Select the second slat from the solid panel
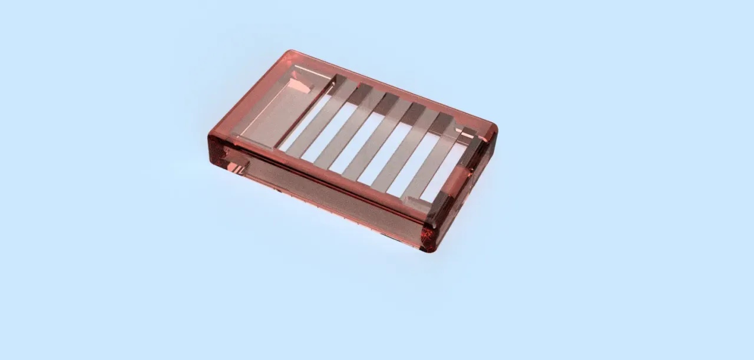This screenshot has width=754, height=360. [350, 127]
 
